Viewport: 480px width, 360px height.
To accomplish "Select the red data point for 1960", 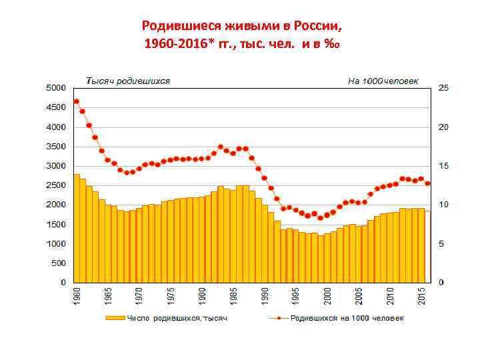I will [x=77, y=101].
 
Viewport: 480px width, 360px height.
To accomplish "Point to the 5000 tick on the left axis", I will [x=55, y=88].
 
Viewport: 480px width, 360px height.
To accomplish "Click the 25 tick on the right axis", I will [x=443, y=88].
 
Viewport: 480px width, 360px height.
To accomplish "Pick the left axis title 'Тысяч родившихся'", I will [x=128, y=81].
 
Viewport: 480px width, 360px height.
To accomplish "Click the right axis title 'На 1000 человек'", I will [x=383, y=81].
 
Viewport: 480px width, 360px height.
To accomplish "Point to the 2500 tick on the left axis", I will [x=55, y=185].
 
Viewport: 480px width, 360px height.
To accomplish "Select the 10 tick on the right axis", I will [x=443, y=205].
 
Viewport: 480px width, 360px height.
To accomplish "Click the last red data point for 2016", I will [x=427, y=183].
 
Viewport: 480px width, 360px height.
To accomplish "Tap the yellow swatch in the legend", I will [x=114, y=318].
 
